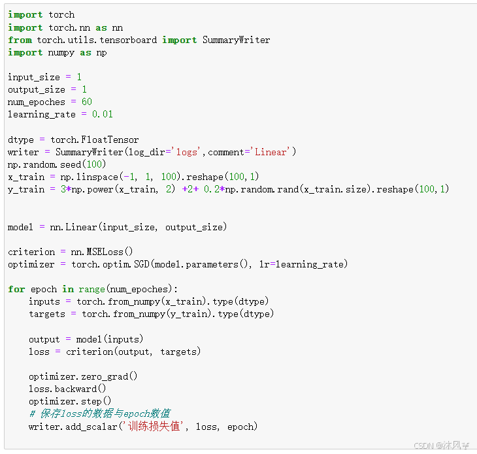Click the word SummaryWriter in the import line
coord(236,40)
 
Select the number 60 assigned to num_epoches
coord(86,102)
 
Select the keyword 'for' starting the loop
coord(16,289)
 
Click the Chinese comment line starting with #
coord(99,414)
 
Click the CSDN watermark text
coord(442,445)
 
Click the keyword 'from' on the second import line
coord(20,40)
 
